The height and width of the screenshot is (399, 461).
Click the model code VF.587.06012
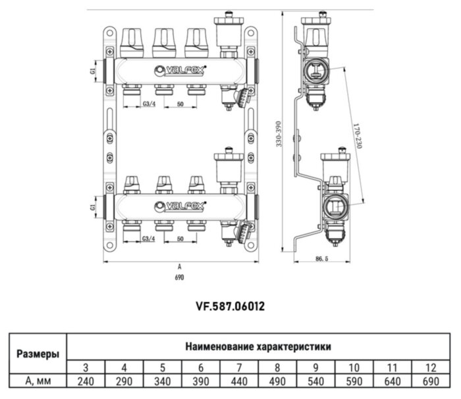(230, 306)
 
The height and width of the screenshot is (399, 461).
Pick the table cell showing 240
(86, 381)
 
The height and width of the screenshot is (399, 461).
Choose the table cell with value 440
(239, 381)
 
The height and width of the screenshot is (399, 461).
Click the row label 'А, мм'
(37, 381)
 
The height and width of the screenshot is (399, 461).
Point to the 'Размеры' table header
(37, 353)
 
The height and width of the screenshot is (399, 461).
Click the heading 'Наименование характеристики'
(258, 346)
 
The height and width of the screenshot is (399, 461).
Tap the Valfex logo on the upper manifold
(180, 68)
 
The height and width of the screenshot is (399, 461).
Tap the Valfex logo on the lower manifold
(180, 205)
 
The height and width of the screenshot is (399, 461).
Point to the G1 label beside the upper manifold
(94, 69)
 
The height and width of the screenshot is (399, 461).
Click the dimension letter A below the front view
(180, 268)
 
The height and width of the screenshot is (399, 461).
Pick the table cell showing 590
(354, 381)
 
